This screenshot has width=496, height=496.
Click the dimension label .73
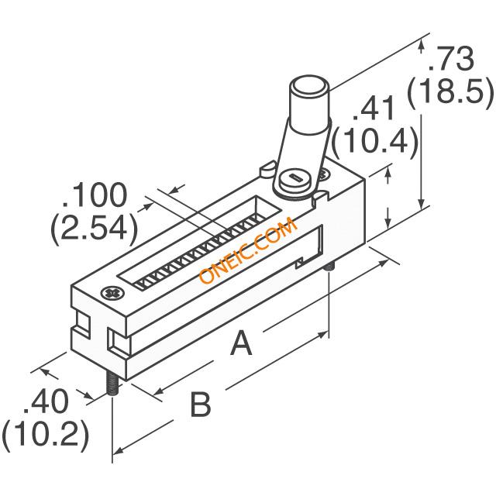tap(450, 59)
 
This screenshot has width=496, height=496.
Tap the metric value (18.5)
tap(450, 90)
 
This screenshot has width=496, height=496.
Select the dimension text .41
tap(374, 108)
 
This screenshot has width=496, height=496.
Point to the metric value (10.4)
tap(374, 139)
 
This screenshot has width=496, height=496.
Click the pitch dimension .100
tap(95, 195)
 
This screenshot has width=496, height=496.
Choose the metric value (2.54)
tap(95, 226)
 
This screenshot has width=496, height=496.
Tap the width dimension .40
tap(46, 401)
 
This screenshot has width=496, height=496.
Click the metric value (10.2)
tap(45, 432)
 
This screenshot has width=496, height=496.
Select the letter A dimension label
tap(242, 343)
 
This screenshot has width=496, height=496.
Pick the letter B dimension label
tap(201, 404)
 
